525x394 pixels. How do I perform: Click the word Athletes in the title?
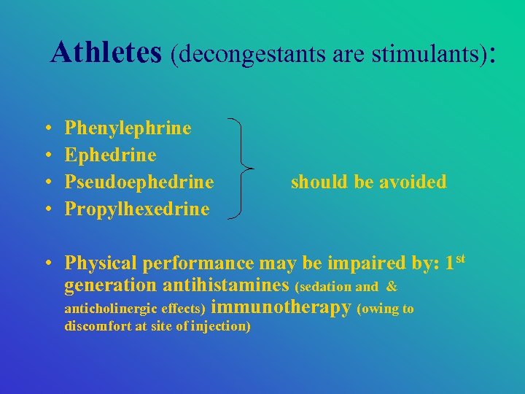[107, 53]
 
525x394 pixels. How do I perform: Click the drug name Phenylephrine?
[128, 128]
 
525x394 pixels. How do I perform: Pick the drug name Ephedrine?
[111, 155]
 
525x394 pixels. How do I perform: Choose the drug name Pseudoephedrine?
[139, 182]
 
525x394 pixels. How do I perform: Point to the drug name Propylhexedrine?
[137, 209]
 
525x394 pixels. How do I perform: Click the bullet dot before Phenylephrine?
[47, 129]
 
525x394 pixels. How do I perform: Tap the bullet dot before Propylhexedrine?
[47, 209]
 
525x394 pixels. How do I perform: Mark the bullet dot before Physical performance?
[47, 263]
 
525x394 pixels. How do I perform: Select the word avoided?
[415, 182]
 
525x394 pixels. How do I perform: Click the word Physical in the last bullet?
[101, 263]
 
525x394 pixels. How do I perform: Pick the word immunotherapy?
[285, 308]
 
